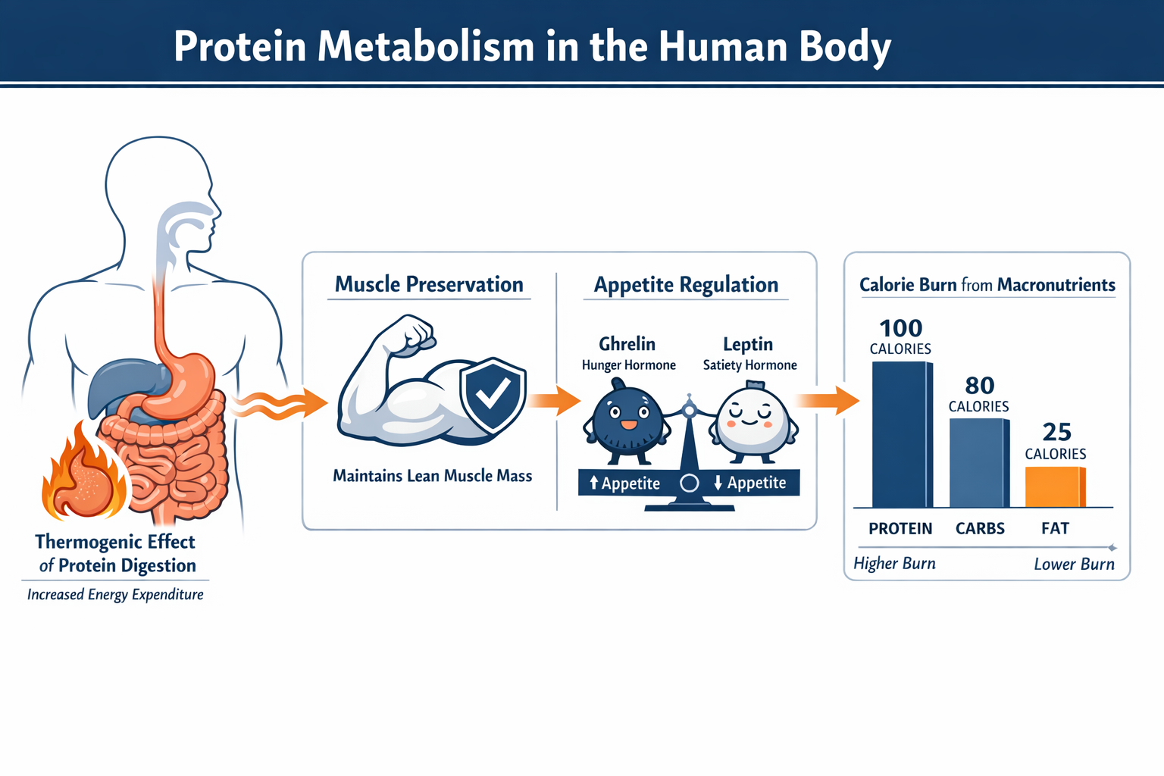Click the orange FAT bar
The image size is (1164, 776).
tap(1055, 487)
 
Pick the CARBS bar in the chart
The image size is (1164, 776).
tap(979, 463)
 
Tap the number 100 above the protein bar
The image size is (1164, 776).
tap(900, 328)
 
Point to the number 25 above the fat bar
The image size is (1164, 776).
tap(1056, 432)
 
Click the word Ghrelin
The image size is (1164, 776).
tap(627, 344)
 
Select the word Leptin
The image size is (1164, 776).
tap(748, 344)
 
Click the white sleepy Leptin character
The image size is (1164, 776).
tap(752, 421)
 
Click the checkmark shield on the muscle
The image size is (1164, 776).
tap(493, 394)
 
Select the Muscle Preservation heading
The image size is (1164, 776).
tap(429, 284)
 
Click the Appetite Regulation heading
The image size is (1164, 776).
tap(686, 285)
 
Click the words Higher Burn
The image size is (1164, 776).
tap(894, 563)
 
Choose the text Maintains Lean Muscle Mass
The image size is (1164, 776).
tap(432, 476)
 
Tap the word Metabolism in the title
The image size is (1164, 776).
tap(426, 46)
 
